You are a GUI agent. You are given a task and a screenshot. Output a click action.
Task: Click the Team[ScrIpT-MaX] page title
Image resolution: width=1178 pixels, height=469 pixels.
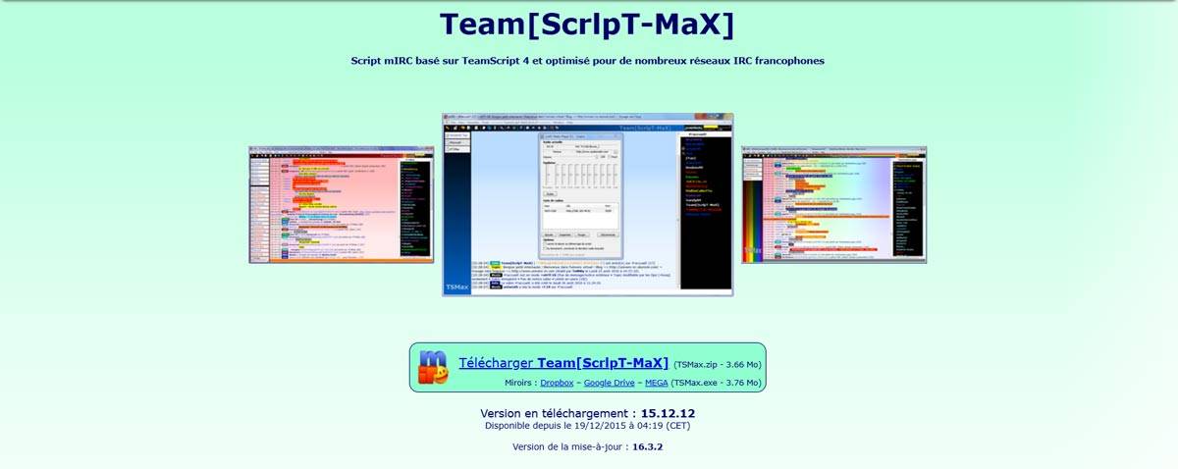587,25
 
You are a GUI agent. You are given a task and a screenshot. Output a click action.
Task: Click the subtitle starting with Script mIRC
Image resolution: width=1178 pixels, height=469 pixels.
587,61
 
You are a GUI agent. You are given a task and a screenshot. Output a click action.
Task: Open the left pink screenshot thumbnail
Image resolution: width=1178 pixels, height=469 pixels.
341,204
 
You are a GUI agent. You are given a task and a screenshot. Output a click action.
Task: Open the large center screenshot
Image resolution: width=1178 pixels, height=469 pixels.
587,204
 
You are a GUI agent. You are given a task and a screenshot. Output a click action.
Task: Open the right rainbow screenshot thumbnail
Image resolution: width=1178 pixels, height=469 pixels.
833,204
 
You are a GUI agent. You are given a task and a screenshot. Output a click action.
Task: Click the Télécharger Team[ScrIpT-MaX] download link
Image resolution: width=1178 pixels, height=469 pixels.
562,363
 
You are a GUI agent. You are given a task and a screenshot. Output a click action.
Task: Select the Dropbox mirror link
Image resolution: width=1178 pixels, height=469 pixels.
557,383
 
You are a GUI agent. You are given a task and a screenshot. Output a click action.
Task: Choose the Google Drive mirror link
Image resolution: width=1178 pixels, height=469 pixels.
609,383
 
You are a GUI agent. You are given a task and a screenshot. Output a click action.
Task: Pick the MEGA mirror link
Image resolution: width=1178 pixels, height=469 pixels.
656,383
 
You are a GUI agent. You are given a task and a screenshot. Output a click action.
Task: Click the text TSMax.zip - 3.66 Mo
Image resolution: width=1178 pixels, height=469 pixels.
718,364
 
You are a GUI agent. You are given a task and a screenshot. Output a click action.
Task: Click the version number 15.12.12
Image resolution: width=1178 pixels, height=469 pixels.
668,413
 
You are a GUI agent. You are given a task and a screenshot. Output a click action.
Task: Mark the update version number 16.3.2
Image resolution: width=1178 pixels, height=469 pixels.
648,447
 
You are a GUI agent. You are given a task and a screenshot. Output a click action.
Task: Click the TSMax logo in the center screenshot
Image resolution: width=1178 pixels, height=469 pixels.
456,287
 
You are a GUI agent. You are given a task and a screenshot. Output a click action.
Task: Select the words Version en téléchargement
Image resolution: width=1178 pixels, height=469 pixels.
554,413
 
